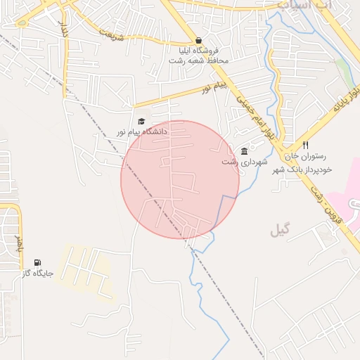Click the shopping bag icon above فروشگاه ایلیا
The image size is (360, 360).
coord(199,41)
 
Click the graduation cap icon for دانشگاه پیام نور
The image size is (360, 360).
coord(141,121)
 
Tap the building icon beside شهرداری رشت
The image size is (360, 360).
coord(244,151)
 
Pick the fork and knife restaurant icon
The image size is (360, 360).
coord(305,147)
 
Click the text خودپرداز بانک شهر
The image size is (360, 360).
coord(306,169)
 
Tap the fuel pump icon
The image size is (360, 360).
coord(37,262)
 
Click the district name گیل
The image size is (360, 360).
coord(280,230)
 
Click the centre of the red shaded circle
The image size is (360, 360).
coord(180,179)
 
